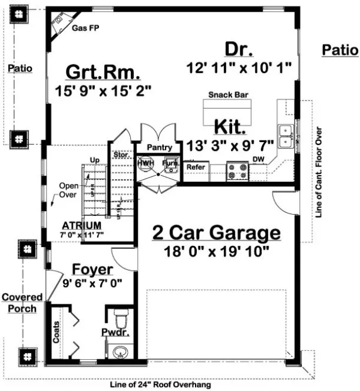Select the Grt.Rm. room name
click(x=103, y=74)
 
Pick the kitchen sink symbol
click(x=286, y=136)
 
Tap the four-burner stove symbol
click(x=237, y=171)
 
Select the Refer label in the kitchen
click(x=195, y=167)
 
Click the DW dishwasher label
click(x=258, y=159)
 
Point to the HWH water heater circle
click(x=145, y=163)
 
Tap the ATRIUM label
click(x=82, y=225)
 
